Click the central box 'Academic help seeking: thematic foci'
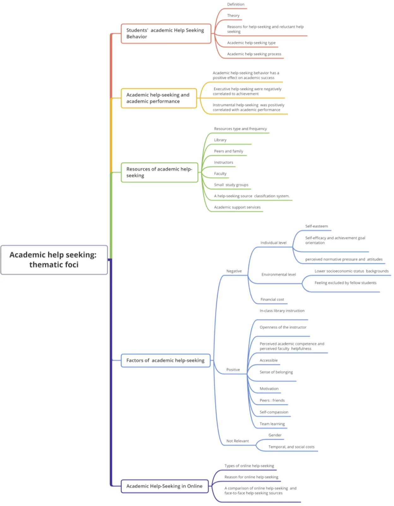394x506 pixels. pos(54,260)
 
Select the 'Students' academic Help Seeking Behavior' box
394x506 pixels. pos(166,34)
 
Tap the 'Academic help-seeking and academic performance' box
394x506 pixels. pos(159,98)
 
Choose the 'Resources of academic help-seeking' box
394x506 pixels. pos(159,172)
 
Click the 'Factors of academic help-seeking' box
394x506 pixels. pos(165,361)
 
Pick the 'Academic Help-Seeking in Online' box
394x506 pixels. pos(164,486)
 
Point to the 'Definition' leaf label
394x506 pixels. pos(236,4)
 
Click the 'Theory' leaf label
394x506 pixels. pos(233,15)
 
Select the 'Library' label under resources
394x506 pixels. pos(220,140)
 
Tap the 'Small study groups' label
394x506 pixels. pos(231,185)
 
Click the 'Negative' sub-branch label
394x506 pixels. pos(234,271)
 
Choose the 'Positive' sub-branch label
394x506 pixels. pos(233,370)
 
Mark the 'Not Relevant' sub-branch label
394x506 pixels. pos(238,441)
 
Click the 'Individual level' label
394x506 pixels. pos(273,243)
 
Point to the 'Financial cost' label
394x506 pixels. pos(272,299)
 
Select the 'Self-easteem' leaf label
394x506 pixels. pos(317,226)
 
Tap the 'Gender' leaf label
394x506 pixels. pos(275,435)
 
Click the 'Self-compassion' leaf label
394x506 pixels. pos(274,412)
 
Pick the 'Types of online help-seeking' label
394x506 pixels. pos(249,466)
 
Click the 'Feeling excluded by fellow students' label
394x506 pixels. pos(345,283)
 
